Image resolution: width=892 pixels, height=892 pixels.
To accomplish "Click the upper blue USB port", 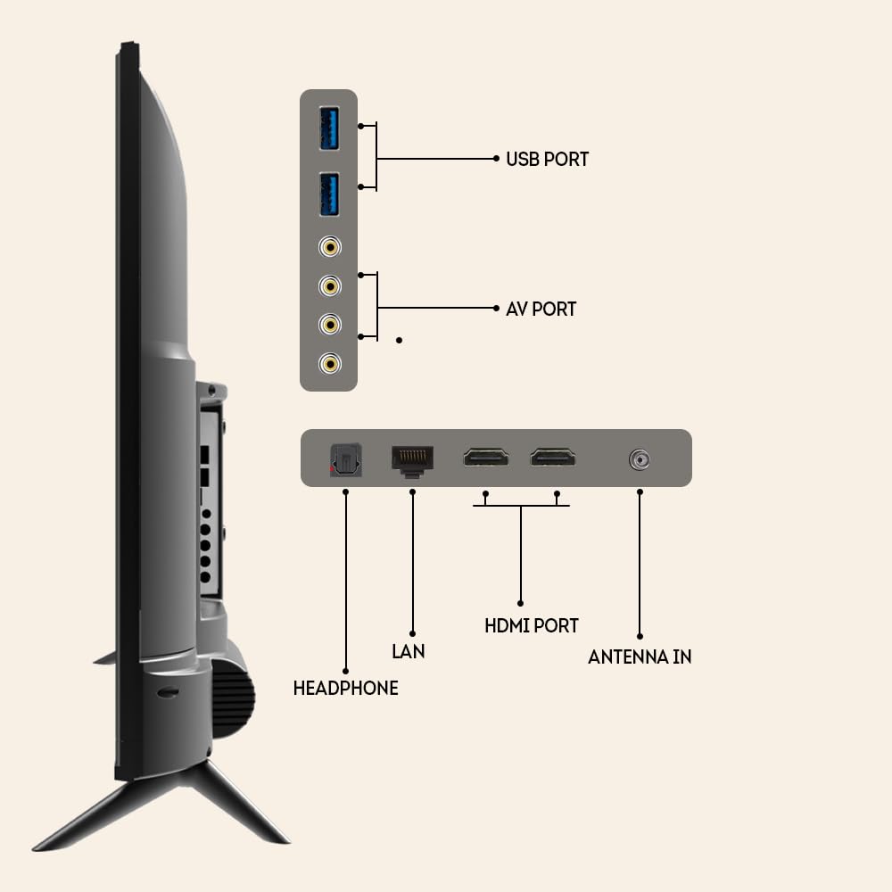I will pos(329,128).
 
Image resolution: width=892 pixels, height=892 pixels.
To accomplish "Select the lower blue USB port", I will pos(329,194).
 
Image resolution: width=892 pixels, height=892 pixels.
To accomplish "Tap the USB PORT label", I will pos(547,160).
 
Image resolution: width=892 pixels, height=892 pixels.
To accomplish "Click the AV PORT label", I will pos(541,309).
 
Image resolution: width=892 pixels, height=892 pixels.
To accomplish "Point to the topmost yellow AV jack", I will pos(332,247).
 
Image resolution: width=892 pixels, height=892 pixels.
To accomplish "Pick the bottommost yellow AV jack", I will pos(332,363).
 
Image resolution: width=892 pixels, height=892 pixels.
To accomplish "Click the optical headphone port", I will pos(344,460).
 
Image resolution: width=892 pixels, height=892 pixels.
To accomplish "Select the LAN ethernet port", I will pos(411,459).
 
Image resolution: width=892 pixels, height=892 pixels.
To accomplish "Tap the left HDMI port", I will pos(485,458).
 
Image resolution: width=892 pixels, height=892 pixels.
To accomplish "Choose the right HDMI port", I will pos(553,458).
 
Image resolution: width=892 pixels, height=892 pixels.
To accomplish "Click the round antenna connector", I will pos(639,460).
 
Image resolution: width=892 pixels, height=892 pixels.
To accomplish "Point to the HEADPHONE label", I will pos(345,689).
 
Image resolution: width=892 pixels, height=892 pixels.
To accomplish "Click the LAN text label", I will pos(409,652).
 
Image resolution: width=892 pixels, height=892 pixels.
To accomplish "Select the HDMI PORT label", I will pos(531,626).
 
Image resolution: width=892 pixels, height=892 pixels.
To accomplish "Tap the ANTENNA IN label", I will pos(640,657).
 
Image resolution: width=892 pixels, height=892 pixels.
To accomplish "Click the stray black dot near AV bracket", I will pos(399,340).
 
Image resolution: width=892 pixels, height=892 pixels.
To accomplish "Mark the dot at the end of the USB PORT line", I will pos(497,159).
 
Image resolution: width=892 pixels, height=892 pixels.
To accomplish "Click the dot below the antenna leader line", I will pos(640,634).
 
